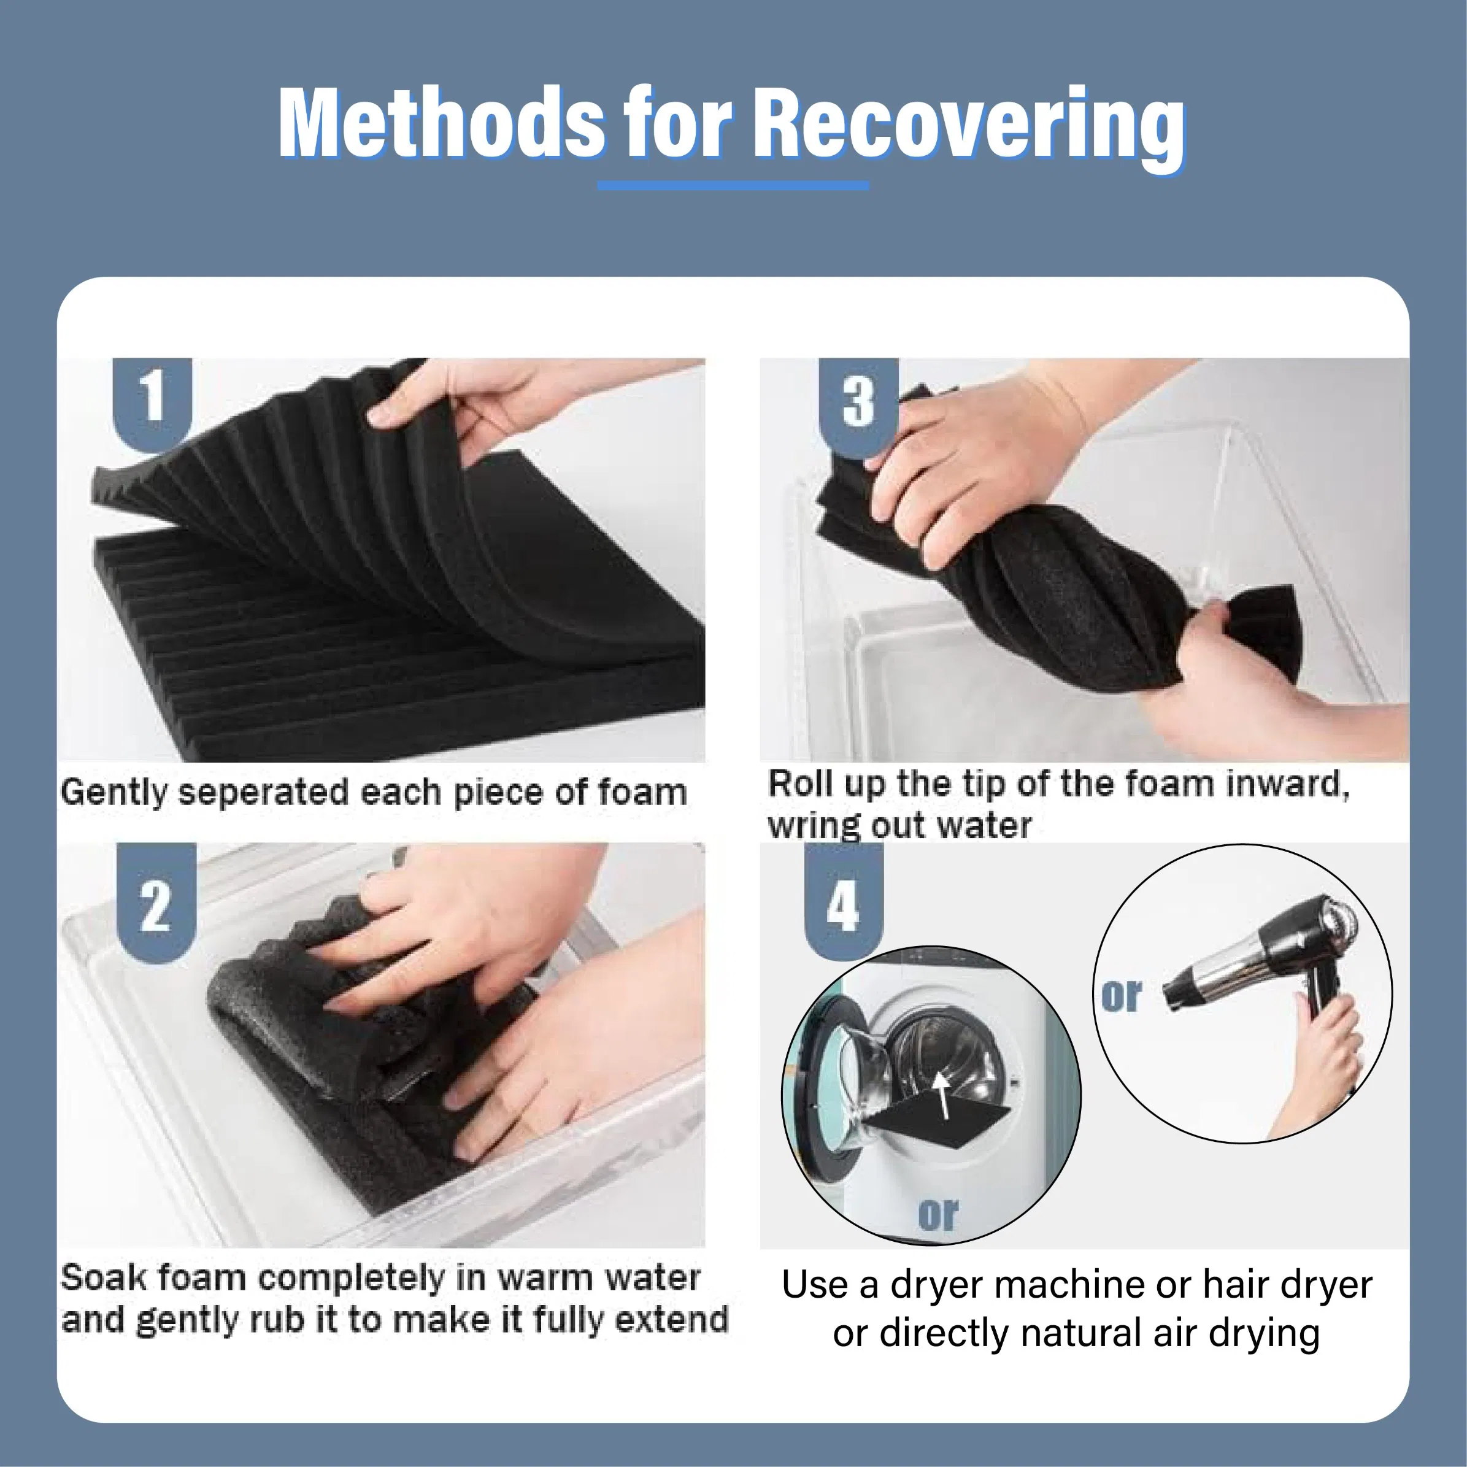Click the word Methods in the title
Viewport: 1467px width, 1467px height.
point(441,123)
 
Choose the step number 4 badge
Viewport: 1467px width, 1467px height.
point(844,904)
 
